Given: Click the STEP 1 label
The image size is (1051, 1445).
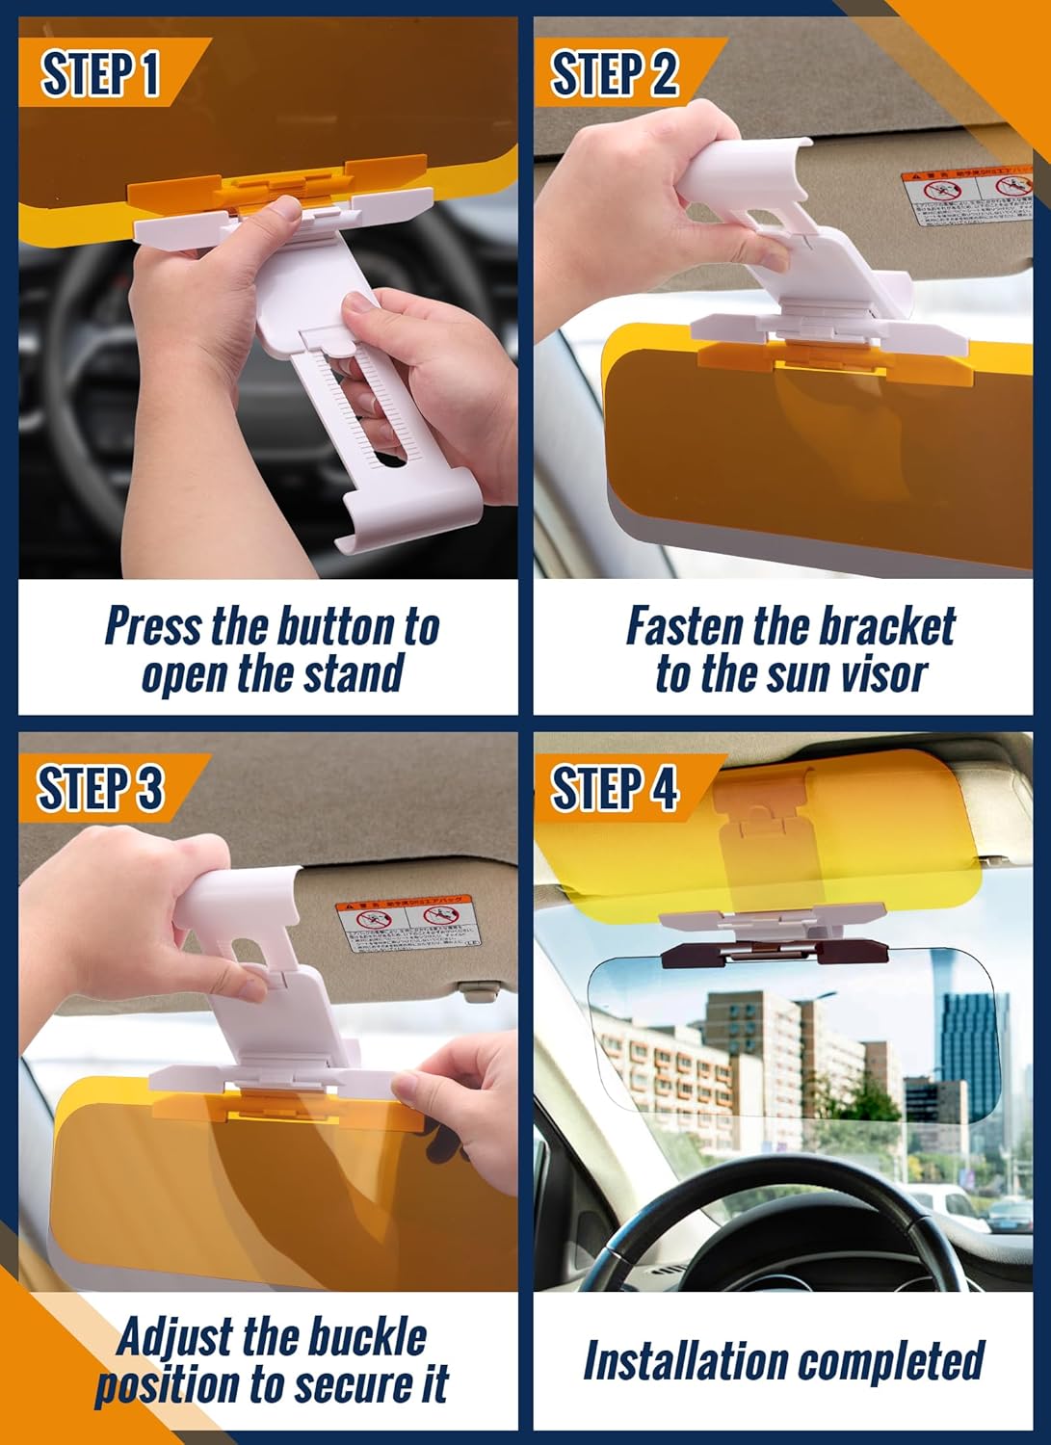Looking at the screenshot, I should [100, 73].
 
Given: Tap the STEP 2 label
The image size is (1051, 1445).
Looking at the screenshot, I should [614, 73].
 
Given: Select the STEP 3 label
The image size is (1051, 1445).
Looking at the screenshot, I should [100, 788].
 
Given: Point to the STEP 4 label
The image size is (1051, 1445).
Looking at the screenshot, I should [614, 788].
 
